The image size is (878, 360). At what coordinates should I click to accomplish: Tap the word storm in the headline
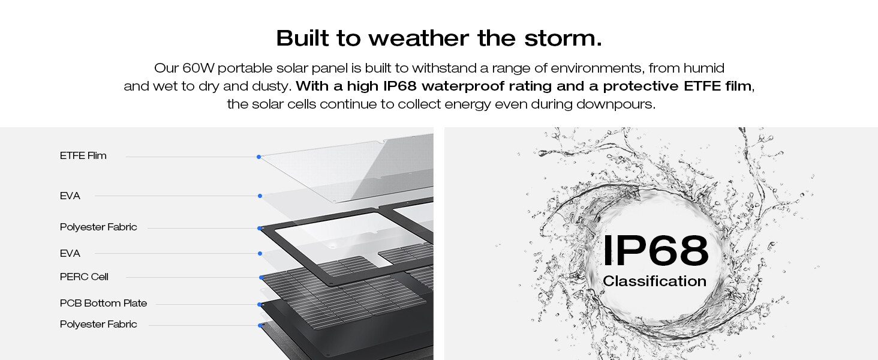click(x=570, y=38)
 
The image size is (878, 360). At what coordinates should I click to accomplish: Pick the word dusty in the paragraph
click(x=272, y=86)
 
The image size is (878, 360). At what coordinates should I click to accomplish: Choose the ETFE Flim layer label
click(x=83, y=156)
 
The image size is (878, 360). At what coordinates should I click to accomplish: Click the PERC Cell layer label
click(x=84, y=277)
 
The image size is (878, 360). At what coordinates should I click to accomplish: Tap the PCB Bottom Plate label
click(x=103, y=304)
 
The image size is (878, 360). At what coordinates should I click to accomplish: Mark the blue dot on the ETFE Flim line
click(x=258, y=157)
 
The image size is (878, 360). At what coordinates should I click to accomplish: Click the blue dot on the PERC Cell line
click(x=261, y=277)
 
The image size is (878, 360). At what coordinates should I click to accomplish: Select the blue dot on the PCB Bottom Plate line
click(x=260, y=304)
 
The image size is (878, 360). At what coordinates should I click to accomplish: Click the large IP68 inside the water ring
click(x=655, y=251)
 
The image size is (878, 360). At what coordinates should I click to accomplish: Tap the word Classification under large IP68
click(x=654, y=281)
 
